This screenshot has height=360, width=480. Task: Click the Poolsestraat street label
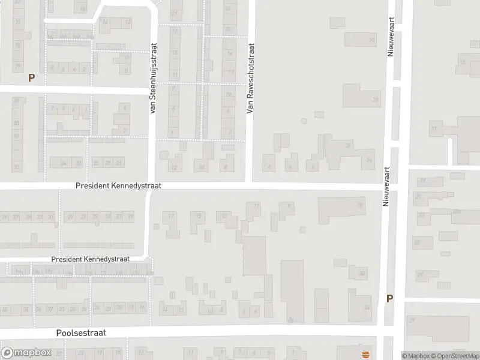coord(80,332)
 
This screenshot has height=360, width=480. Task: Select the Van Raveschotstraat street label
coord(251,79)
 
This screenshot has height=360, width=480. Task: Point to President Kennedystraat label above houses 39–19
coord(118,186)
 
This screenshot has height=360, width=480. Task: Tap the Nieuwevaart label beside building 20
coord(390,36)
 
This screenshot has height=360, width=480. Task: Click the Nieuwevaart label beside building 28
coord(386,187)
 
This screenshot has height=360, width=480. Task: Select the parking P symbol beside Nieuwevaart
coord(389,298)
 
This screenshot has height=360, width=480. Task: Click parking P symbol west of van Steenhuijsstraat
coord(31,77)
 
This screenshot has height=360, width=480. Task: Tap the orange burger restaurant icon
coord(364,351)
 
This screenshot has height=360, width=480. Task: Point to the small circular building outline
coord(304,121)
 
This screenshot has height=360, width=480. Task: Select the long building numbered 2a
coord(292,291)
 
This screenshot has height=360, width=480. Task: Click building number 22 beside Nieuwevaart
coord(376,100)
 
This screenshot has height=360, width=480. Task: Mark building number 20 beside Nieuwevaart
coord(372,40)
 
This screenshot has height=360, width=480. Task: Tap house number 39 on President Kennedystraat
coord(5,217)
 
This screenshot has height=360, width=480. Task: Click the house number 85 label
coord(16,123)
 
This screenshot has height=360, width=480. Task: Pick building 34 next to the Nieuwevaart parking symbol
coord(366,308)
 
